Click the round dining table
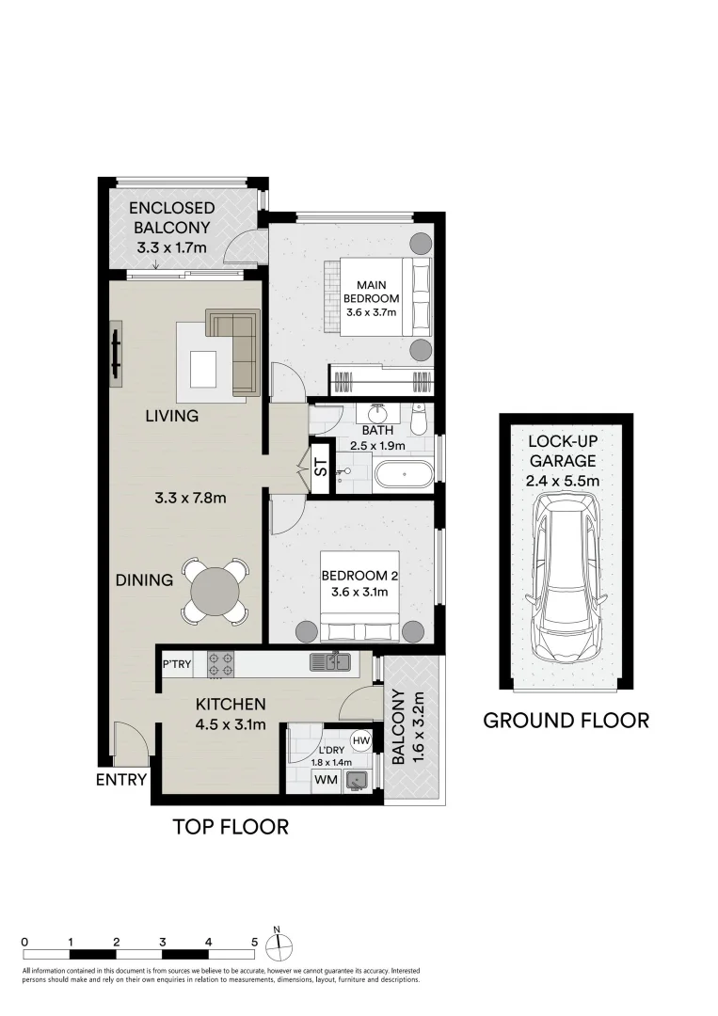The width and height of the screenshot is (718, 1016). (215, 591)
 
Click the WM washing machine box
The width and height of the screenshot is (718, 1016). (326, 780)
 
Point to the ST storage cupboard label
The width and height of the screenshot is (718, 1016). (321, 468)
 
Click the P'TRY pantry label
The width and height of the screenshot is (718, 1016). (177, 664)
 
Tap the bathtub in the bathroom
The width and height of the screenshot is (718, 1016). (404, 473)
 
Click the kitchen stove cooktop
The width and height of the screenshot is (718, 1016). (220, 664)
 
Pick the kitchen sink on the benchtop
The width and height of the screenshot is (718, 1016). (331, 663)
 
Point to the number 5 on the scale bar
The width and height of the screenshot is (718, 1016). (254, 941)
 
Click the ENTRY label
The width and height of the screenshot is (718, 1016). (121, 780)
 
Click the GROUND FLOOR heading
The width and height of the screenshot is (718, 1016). (566, 721)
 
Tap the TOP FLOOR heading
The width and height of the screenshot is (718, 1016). (231, 827)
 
